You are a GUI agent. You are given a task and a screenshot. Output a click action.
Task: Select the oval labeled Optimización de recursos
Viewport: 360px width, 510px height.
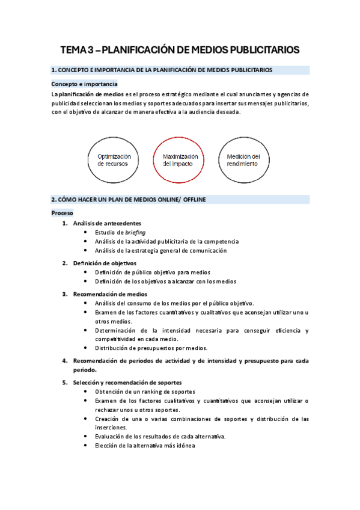pos(114,159)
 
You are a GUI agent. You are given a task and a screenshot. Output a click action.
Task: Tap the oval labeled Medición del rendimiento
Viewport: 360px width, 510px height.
pos(243,159)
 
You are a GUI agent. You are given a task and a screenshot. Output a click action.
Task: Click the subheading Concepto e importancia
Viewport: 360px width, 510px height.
pos(84,84)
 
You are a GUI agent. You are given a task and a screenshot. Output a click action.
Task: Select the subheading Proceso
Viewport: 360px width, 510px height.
pos(62,213)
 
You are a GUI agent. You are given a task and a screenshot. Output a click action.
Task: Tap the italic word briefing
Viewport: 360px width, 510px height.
pos(135,232)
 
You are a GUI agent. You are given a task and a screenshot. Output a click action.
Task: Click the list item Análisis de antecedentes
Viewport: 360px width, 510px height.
pos(107,223)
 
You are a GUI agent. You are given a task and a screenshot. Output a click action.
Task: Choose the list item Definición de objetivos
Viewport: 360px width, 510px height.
pos(105,263)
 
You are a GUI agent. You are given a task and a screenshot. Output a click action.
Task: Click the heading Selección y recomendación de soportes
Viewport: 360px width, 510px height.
pos(127,382)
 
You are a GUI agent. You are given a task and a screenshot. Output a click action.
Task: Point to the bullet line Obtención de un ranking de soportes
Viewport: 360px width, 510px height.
pos(144,392)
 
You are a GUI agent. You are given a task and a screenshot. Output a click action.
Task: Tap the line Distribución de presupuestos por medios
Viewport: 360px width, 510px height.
pos(151,348)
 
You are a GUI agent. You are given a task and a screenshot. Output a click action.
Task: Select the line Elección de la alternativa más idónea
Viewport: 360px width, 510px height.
pos(145,446)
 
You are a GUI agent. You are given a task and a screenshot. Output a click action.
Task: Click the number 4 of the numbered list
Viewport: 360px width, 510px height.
pos(64,361)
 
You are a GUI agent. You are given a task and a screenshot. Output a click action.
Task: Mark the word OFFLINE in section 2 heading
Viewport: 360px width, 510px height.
pos(192,199)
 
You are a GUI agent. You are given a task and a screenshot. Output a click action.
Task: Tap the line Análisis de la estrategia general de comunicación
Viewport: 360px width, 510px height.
pos(160,250)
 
